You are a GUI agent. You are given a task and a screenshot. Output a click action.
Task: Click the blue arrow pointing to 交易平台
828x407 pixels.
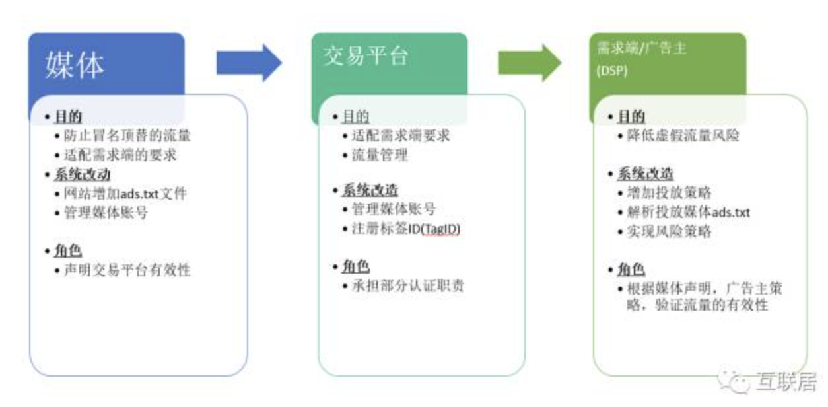click(248, 63)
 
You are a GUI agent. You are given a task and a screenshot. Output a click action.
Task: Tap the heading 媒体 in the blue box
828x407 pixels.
click(75, 65)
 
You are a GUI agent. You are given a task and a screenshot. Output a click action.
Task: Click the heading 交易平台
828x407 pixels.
click(366, 55)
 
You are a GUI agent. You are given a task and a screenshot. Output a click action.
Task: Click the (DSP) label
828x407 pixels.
click(611, 71)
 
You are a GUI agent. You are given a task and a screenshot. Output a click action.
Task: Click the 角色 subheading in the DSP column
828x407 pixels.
click(631, 270)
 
